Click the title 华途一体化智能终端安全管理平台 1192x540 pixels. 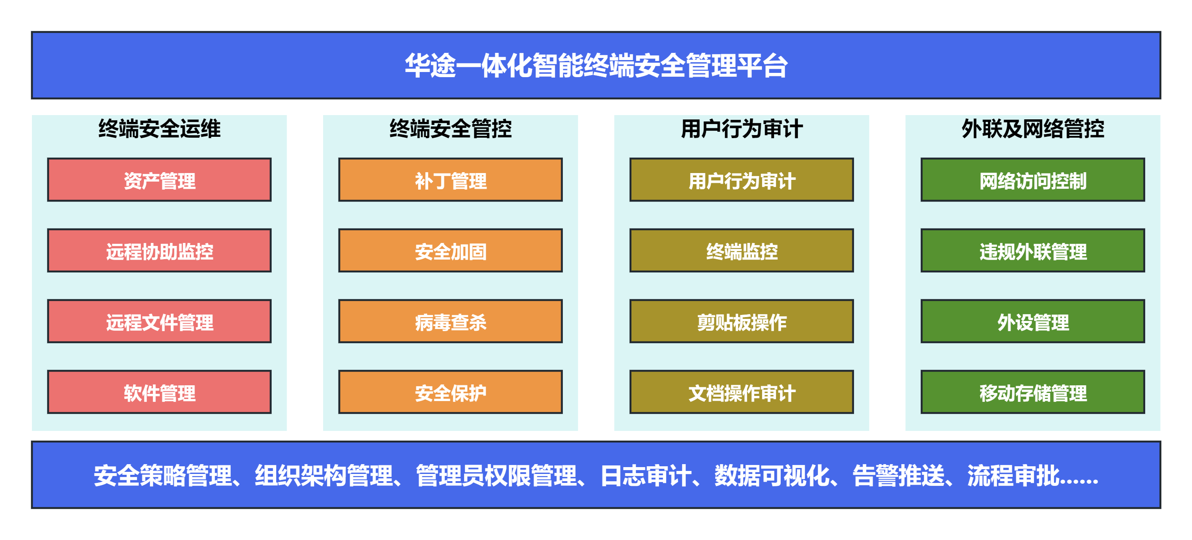point(596,65)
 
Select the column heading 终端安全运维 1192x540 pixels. point(159,128)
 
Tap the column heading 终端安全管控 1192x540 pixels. point(450,128)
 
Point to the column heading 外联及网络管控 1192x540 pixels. point(1033,128)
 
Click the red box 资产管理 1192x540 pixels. point(159,180)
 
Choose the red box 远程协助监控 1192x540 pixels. point(159,251)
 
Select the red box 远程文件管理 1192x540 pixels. point(159,321)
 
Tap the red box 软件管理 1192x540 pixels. point(159,392)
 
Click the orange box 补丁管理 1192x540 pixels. point(450,180)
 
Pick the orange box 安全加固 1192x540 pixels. point(450,251)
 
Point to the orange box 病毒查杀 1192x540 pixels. point(450,321)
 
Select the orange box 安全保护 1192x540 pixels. point(450,392)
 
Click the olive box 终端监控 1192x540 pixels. point(742,251)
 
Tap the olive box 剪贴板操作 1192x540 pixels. point(742,321)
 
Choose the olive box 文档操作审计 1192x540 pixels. point(742,392)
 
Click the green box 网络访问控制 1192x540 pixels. point(1033,180)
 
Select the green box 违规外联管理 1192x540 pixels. point(1033,251)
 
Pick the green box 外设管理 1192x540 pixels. point(1033,321)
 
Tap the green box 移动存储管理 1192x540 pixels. point(1033,392)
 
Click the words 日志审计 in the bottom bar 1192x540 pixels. point(646,476)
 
